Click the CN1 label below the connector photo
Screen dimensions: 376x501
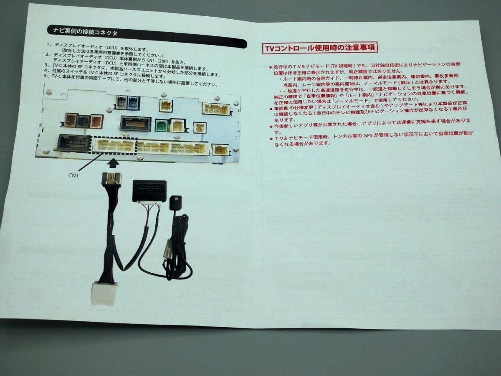click(x=74, y=176)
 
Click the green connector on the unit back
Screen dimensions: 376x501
click(x=161, y=124)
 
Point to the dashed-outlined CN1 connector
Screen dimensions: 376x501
click(x=114, y=146)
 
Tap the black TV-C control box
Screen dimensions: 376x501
click(x=149, y=191)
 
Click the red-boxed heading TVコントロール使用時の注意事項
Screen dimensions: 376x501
click(x=319, y=48)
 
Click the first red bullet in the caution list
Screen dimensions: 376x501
click(x=271, y=67)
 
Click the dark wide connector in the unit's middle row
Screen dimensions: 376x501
click(x=135, y=123)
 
